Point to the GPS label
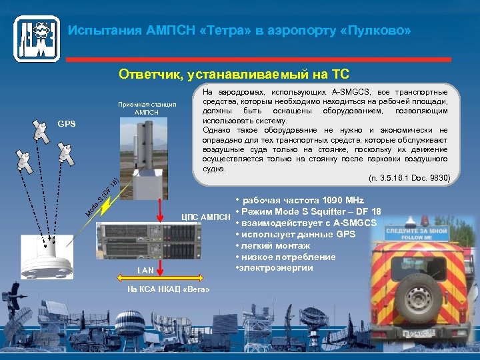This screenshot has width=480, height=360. coord(67,124)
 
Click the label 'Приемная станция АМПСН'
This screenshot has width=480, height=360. coord(147,108)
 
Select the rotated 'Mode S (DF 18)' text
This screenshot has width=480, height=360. coord(102,198)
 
